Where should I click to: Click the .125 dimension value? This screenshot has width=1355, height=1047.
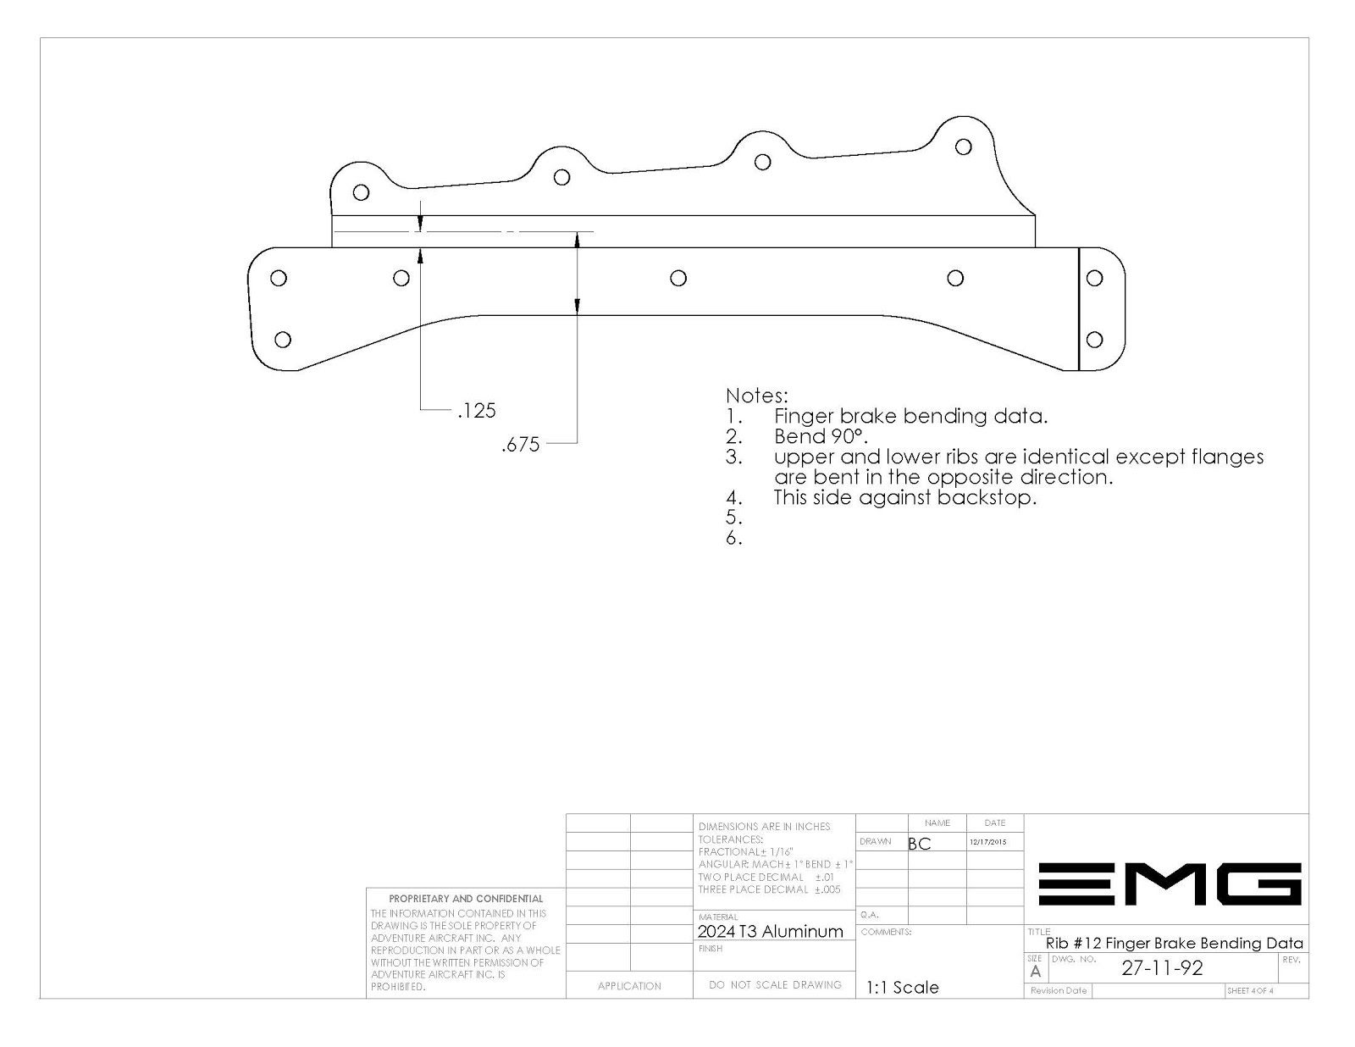477,411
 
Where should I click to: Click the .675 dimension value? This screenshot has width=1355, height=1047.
521,445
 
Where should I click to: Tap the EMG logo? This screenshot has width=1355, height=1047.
1170,884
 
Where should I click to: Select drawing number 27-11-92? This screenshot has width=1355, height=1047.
1162,968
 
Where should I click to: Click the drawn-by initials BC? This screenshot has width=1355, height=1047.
919,844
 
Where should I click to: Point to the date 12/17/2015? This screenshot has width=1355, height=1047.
987,842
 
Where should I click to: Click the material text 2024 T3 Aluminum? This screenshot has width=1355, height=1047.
770,932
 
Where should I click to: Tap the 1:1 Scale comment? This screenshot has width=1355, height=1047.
902,988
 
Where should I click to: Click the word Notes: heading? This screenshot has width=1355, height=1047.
757,396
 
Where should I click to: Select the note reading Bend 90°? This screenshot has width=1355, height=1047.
821,436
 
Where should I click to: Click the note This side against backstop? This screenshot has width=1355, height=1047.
904,497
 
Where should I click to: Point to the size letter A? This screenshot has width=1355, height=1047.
1036,972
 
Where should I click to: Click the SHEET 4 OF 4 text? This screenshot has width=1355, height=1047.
1250,991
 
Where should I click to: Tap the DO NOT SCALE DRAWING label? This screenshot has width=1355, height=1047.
775,984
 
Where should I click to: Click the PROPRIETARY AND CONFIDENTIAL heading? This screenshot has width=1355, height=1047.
466,899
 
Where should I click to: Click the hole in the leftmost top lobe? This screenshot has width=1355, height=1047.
361,192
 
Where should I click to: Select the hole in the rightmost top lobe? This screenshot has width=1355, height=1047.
964,147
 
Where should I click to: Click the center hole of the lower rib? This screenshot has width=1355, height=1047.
678,278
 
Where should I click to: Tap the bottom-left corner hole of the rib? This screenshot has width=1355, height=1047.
283,339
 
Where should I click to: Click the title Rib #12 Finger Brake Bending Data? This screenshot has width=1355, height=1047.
1174,944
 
